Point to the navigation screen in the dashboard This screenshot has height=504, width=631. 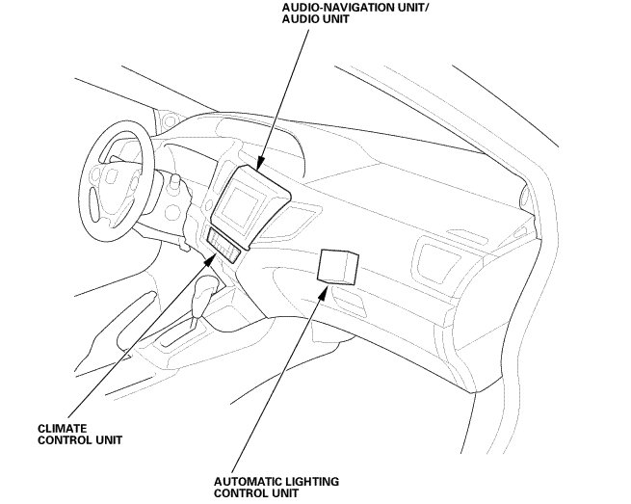click(246, 206)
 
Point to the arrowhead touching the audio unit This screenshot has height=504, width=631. click(259, 162)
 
